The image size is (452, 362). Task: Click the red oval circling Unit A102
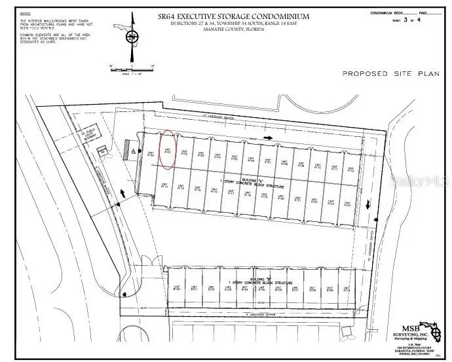168,149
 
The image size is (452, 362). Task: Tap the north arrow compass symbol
132,38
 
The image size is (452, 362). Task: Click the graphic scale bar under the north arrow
132,66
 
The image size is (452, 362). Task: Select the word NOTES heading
26,13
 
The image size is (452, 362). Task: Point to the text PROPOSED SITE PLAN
390,74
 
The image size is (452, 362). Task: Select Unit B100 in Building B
177,289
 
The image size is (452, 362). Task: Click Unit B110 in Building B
345,289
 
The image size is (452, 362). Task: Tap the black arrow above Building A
269,138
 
